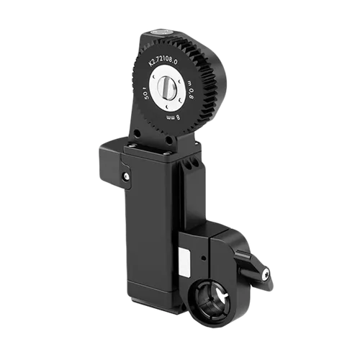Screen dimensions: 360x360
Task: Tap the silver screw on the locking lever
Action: (266, 274)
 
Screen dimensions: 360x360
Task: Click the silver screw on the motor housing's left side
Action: (127, 176)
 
